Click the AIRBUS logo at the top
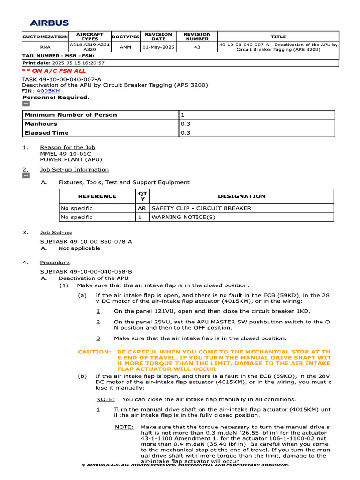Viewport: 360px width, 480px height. point(49,22)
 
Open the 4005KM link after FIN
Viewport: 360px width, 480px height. point(48,91)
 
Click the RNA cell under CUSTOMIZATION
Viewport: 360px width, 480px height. point(45,47)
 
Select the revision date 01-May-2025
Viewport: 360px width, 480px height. point(158,47)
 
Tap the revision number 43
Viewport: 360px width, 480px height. point(197,47)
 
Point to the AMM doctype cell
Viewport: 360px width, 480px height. point(126,47)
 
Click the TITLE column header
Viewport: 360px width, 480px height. point(278,37)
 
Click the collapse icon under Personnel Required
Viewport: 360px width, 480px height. point(26,104)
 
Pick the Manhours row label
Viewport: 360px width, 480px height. point(41,124)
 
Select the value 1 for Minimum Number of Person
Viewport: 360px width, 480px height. point(183,115)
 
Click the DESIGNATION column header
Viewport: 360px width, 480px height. point(241,196)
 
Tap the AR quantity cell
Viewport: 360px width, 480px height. point(142,208)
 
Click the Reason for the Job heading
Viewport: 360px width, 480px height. point(67,148)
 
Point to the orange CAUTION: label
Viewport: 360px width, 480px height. point(94,352)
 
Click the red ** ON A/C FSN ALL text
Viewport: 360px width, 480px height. point(54,71)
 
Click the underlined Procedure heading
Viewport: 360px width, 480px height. point(55,262)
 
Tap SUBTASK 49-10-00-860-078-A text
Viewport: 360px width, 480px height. point(86,241)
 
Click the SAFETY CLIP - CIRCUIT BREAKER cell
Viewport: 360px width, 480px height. point(201,208)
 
